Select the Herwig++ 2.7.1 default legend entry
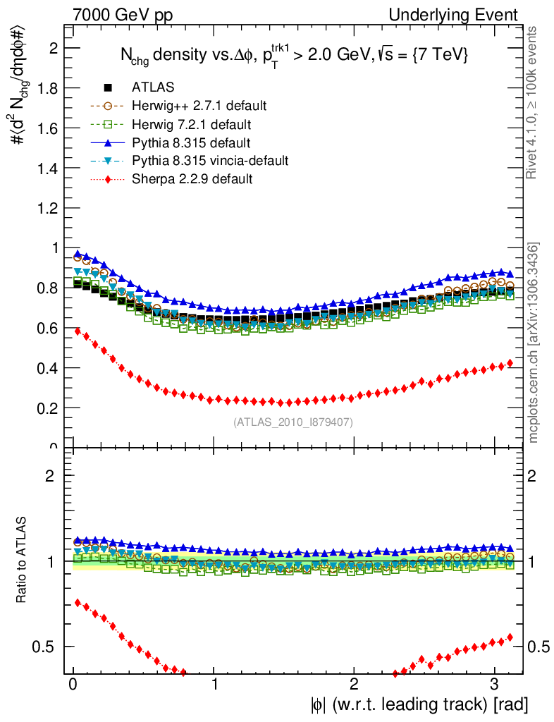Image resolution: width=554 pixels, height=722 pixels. pyautogui.click(x=199, y=106)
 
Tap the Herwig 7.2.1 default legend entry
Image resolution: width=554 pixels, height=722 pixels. pyautogui.click(x=192, y=124)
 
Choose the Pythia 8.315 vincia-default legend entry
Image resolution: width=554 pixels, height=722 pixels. pyautogui.click(x=209, y=161)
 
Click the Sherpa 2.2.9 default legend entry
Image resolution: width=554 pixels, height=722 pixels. pyautogui.click(x=192, y=179)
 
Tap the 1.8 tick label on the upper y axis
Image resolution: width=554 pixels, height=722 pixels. pyautogui.click(x=48, y=88)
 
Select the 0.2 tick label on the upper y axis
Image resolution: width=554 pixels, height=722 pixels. pyautogui.click(x=48, y=408)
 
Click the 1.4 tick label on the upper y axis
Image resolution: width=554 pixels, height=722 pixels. pyautogui.click(x=48, y=168)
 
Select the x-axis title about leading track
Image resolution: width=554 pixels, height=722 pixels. pyautogui.click(x=418, y=704)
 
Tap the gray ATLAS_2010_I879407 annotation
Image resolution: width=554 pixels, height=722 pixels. pyautogui.click(x=293, y=422)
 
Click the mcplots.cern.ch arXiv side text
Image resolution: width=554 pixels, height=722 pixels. pyautogui.click(x=535, y=343)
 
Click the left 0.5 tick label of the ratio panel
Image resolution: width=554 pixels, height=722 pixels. pyautogui.click(x=47, y=647)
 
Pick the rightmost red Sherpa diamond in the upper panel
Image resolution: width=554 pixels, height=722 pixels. pyautogui.click(x=510, y=363)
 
